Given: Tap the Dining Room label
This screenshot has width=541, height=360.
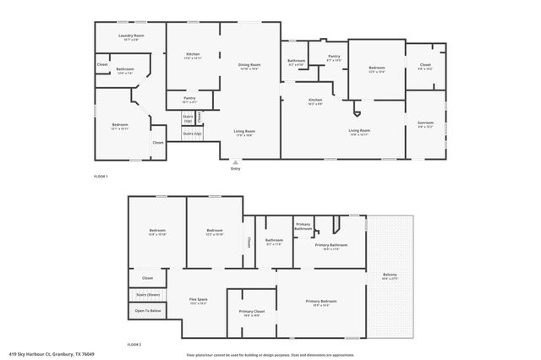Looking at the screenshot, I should [x=249, y=65].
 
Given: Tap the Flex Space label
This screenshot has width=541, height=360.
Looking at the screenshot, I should [x=199, y=300].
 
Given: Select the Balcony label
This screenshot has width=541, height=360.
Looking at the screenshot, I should [x=390, y=275].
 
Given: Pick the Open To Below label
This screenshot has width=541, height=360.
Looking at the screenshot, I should [x=148, y=311].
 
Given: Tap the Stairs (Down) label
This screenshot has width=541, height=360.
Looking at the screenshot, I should [x=148, y=294].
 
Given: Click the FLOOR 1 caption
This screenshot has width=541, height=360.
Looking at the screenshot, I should [x=100, y=176].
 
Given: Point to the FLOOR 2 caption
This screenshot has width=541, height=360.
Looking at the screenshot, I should [x=134, y=345].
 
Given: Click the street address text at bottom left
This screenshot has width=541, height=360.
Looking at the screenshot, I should [x=51, y=354].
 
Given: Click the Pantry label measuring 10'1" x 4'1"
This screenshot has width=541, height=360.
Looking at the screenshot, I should [x=189, y=99].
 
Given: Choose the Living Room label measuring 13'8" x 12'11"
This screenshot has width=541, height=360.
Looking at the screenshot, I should [x=360, y=130].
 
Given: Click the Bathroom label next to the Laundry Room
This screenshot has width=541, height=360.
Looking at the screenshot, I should [x=125, y=69].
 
